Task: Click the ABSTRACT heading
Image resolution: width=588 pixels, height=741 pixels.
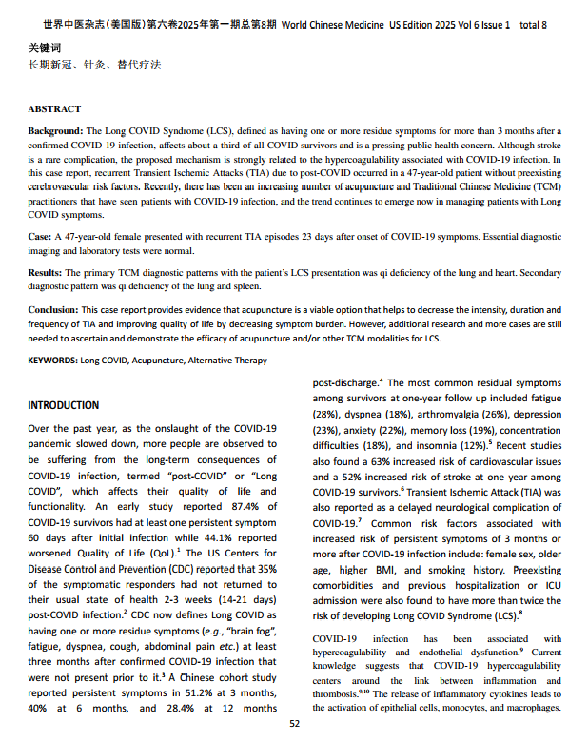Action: tap(54, 109)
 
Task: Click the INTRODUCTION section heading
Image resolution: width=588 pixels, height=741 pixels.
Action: tap(64, 405)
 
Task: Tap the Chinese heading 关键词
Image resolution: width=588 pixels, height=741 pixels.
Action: tap(43, 46)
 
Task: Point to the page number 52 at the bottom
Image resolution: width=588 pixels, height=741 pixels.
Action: tap(294, 725)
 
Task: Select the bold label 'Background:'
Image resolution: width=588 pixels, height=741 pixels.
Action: tap(55, 129)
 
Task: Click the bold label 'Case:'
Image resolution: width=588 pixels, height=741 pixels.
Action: tap(40, 235)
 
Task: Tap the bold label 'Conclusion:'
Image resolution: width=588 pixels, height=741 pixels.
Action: tap(53, 310)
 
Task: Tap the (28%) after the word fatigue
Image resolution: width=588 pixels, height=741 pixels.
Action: tap(327, 415)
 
